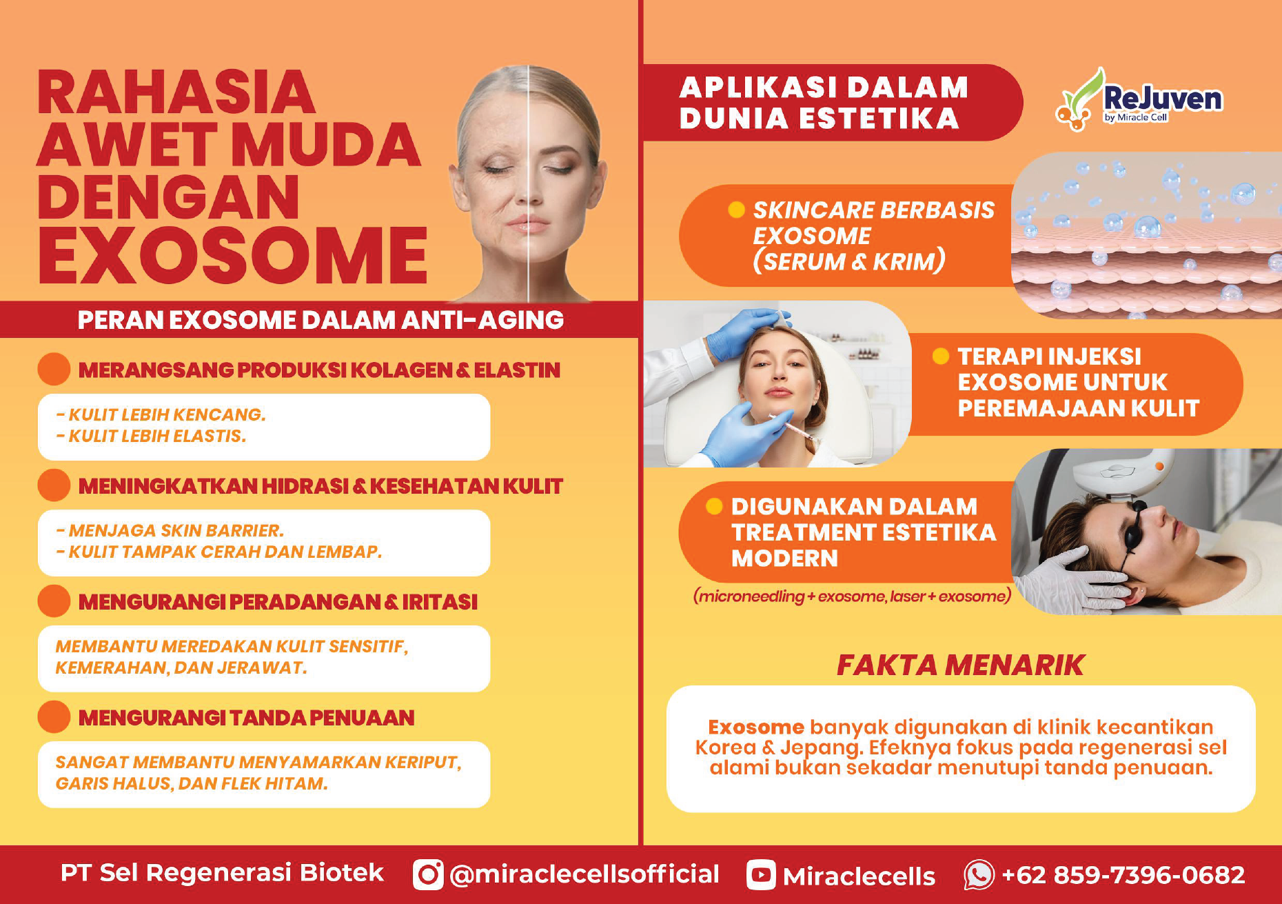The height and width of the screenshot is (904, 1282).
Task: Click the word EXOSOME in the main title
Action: coord(233,255)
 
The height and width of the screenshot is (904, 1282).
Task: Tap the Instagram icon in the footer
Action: coord(428,874)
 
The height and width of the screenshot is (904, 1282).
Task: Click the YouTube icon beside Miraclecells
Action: coord(761,875)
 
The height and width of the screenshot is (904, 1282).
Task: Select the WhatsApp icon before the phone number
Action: coord(979,874)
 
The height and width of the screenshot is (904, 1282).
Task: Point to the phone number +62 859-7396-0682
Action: coord(1123,875)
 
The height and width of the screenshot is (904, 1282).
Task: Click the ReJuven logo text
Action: coord(1163,99)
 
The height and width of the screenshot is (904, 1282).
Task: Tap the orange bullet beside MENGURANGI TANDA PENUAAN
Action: coord(54,717)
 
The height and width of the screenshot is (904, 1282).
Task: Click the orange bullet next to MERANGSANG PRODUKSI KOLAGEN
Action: coord(54,369)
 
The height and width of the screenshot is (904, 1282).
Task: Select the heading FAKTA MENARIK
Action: coord(960,665)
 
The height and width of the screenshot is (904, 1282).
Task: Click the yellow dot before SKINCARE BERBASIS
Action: coord(736,210)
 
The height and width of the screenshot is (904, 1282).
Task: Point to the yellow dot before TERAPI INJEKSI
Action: coord(940,356)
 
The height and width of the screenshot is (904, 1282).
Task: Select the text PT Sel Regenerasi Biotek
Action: coord(222,873)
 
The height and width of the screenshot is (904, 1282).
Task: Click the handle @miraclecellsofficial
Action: coord(584,874)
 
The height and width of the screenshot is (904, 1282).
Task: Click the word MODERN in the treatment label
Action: coord(784,558)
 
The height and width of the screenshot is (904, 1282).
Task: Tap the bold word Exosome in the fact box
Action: coord(756,727)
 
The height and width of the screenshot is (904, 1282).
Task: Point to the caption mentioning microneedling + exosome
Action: coord(852,596)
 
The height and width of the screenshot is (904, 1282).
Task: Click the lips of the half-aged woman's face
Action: coord(527,225)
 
